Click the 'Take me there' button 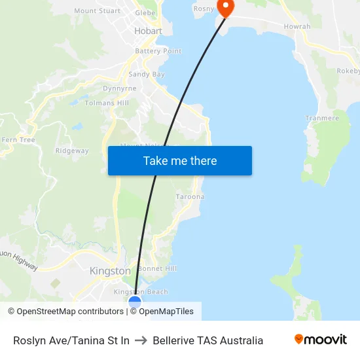click(x=179, y=160)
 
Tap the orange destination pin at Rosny click(x=225, y=7)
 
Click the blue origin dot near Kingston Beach click(x=135, y=302)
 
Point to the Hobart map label click(x=148, y=31)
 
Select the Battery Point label click(x=158, y=51)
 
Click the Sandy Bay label click(x=147, y=75)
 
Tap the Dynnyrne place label click(x=120, y=88)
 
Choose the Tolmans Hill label click(x=107, y=103)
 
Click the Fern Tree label click(x=18, y=140)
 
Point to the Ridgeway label click(x=72, y=151)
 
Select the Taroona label click(x=190, y=196)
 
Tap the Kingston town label click(x=110, y=271)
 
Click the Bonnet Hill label click(x=158, y=268)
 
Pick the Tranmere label click(x=322, y=118)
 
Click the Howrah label click(x=297, y=26)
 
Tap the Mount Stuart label click(x=98, y=10)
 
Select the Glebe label click(x=145, y=12)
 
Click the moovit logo click(x=320, y=340)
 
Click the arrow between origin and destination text click(x=141, y=340)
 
